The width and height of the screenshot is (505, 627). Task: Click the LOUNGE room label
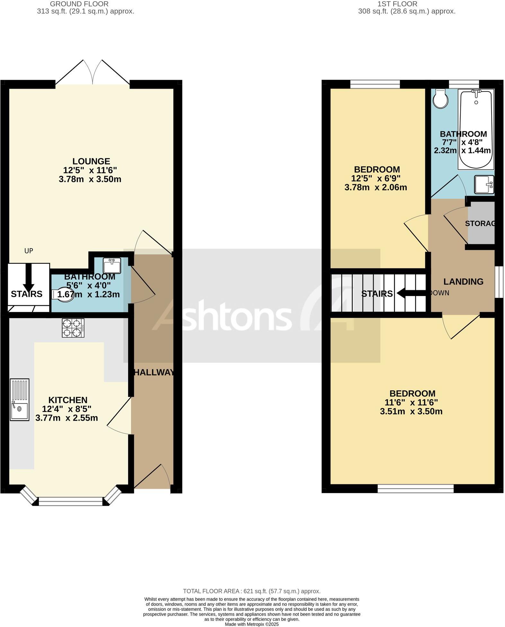tap(91, 161)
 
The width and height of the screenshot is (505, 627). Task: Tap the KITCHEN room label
tap(68, 400)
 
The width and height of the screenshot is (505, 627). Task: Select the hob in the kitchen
tap(73, 328)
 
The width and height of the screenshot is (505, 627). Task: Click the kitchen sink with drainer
tap(19, 399)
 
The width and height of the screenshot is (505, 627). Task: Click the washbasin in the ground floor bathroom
tap(112, 265)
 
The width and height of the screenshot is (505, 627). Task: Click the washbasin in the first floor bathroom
tap(484, 184)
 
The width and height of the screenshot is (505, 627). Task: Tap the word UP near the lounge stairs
tap(29, 251)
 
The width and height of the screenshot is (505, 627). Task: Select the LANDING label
tap(463, 282)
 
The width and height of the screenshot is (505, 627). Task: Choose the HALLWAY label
tap(154, 372)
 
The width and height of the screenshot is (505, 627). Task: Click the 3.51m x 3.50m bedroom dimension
tap(411, 411)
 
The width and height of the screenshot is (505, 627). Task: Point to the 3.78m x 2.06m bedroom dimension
tap(376, 187)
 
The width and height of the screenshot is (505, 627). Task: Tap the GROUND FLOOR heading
tap(79, 4)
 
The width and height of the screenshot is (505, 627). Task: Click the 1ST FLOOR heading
tap(397, 4)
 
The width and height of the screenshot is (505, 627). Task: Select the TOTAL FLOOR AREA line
tap(252, 591)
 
